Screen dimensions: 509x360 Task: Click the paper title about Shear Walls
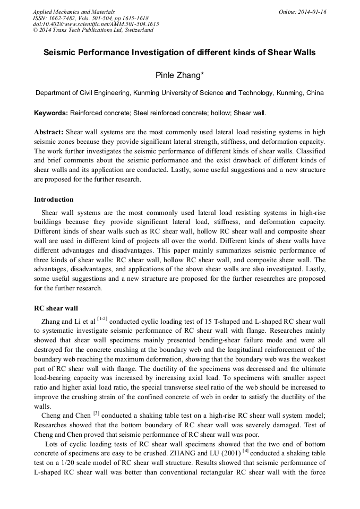click(x=179, y=53)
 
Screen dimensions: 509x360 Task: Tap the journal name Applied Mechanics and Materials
click(x=74, y=12)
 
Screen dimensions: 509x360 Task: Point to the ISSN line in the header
click(x=90, y=18)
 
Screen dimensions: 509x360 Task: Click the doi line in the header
click(x=96, y=24)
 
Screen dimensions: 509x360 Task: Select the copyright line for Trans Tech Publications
click(x=93, y=30)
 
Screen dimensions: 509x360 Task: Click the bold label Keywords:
click(x=51, y=113)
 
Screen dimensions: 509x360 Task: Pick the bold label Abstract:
click(x=49, y=132)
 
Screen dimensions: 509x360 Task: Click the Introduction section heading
click(x=54, y=200)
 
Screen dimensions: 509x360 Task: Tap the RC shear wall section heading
click(x=56, y=308)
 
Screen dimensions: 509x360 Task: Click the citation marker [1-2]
click(x=102, y=318)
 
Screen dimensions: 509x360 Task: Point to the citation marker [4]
click(x=245, y=451)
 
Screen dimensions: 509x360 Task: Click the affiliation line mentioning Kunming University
click(x=179, y=93)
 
